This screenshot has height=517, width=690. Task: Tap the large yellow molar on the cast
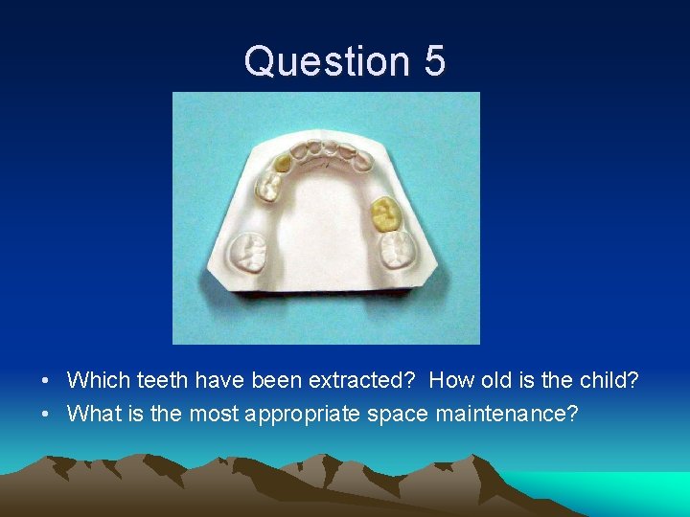click(386, 214)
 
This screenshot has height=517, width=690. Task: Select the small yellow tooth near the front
click(282, 164)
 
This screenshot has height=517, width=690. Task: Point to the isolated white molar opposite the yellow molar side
click(250, 253)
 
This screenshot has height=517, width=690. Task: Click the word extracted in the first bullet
click(361, 381)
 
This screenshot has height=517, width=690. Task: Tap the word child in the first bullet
click(609, 381)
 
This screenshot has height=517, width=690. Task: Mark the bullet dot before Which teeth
click(46, 382)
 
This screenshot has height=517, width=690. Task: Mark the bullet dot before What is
click(46, 416)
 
